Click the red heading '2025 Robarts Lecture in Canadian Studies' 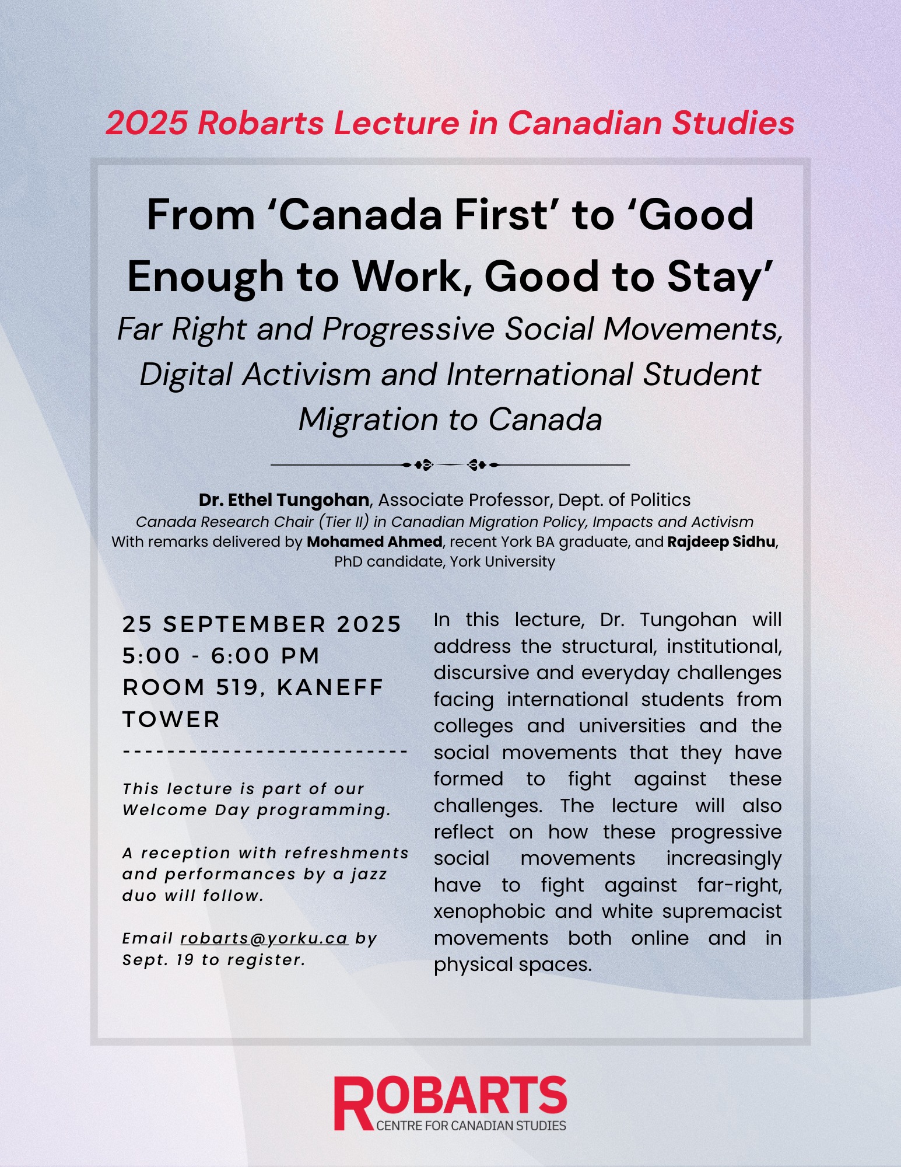pyautogui.click(x=450, y=123)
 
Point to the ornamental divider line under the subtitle pyautogui.click(x=450, y=465)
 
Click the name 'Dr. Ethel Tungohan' pyautogui.click(x=283, y=500)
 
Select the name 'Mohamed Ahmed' pyautogui.click(x=374, y=541)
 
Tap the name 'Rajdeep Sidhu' pyautogui.click(x=721, y=541)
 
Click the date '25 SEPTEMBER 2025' pyautogui.click(x=262, y=624)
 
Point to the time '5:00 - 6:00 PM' pyautogui.click(x=221, y=655)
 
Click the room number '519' pyautogui.click(x=237, y=687)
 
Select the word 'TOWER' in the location pyautogui.click(x=171, y=719)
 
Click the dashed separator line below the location pyautogui.click(x=265, y=752)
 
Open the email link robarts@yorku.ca pyautogui.click(x=264, y=938)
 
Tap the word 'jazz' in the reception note pyautogui.click(x=369, y=874)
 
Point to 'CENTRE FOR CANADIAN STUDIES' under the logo pyautogui.click(x=471, y=1126)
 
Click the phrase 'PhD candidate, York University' pyautogui.click(x=444, y=562)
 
